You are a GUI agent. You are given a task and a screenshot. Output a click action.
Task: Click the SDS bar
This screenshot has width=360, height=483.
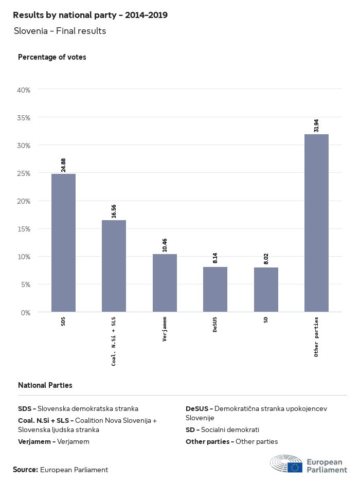(63, 243)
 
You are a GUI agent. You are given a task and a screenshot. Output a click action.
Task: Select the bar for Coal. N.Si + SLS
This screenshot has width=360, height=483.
(114, 266)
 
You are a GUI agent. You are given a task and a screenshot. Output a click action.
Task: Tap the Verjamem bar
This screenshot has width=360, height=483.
(165, 283)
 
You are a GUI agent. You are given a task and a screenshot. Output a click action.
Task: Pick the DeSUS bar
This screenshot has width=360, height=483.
(215, 289)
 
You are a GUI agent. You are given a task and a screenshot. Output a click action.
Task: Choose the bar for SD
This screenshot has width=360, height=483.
(266, 290)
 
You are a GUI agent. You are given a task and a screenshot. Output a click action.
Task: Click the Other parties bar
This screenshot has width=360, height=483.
(316, 223)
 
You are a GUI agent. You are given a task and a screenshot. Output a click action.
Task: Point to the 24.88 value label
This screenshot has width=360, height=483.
(64, 165)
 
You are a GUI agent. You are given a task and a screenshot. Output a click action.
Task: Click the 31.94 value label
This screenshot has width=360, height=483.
(316, 125)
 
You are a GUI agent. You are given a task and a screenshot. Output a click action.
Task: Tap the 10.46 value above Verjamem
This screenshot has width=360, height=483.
(165, 245)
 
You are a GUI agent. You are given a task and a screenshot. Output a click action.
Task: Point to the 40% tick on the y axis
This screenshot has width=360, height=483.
(24, 90)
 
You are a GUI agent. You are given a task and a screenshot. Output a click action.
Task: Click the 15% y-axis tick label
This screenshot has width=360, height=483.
(24, 229)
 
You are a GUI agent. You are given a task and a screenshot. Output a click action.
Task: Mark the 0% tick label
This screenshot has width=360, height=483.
(26, 312)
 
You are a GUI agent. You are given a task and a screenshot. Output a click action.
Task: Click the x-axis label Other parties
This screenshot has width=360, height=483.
(316, 337)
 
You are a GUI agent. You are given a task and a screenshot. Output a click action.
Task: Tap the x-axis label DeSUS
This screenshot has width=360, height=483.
(215, 326)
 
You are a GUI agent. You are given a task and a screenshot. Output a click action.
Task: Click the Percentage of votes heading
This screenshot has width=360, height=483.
(52, 57)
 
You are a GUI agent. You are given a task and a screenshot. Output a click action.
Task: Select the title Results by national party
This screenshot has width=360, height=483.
(90, 15)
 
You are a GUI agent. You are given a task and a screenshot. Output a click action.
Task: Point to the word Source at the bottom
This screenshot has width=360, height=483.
(25, 470)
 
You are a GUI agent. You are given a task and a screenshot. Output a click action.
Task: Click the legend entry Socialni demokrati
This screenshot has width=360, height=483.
(222, 430)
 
